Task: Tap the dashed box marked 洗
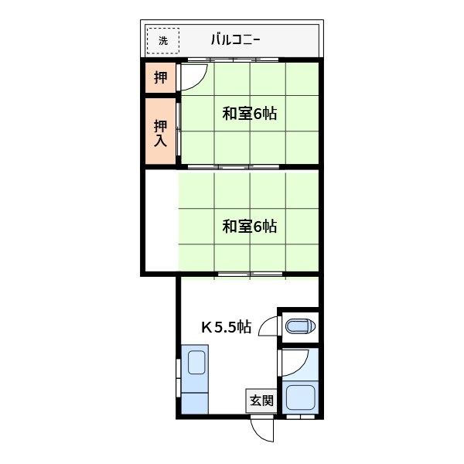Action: [x=162, y=40]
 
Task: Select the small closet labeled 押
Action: [x=160, y=77]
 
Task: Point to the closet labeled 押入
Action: [x=160, y=132]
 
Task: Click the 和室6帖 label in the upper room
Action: [x=249, y=114]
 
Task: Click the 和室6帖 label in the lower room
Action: [x=249, y=227]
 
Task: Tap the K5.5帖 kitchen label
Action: [x=226, y=326]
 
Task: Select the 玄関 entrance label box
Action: [x=261, y=401]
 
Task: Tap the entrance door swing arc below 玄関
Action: [x=263, y=429]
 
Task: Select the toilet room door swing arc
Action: [x=269, y=327]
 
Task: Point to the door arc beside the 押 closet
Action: [x=194, y=76]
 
